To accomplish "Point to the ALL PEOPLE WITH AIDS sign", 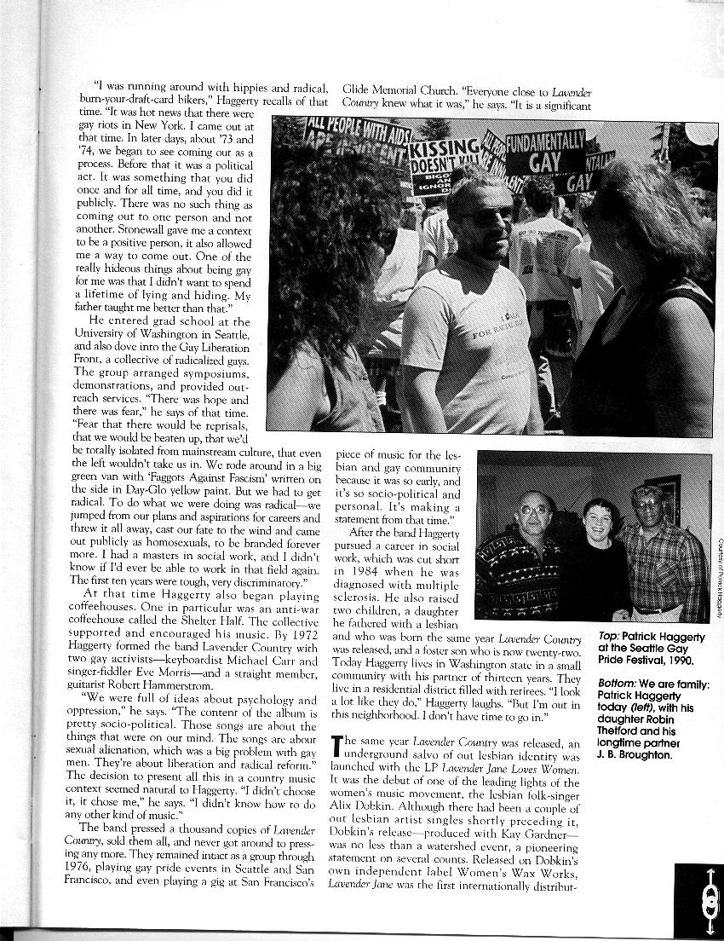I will point(358,137).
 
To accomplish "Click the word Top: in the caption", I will point(609,636).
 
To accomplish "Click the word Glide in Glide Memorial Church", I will point(359,88).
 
